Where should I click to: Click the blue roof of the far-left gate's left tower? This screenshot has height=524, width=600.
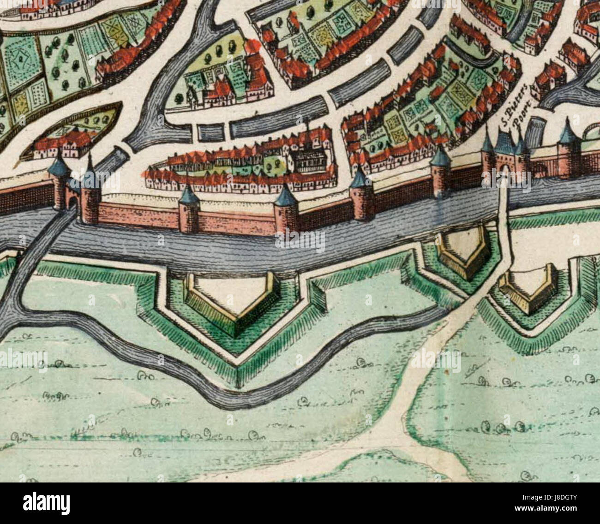[x=60, y=165]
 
